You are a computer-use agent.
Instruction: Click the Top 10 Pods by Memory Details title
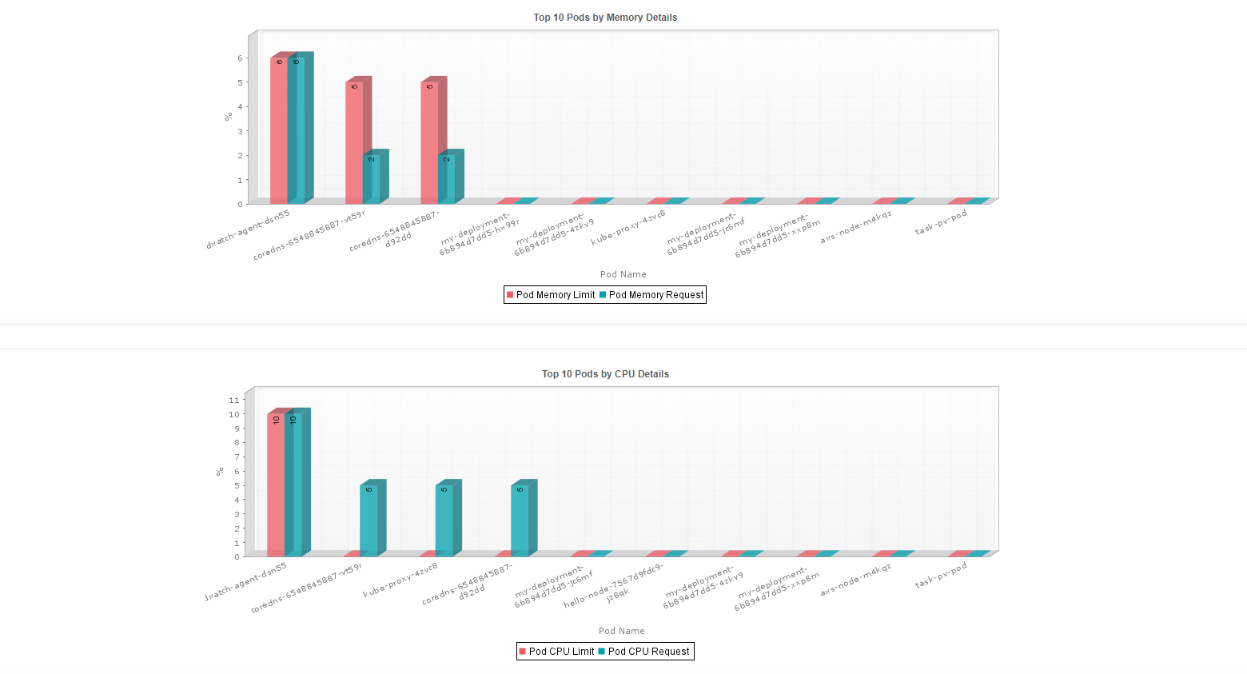point(605,18)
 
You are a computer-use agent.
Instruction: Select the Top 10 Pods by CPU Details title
point(605,374)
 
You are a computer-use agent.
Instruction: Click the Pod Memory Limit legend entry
point(551,295)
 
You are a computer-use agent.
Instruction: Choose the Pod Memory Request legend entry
point(651,295)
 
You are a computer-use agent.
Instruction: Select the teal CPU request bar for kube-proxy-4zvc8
point(444,520)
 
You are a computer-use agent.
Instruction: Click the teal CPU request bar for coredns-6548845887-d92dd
point(520,520)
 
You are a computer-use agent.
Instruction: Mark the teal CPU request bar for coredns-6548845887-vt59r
point(369,520)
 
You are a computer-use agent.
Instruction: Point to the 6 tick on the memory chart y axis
point(240,58)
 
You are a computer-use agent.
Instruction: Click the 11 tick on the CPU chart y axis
point(234,400)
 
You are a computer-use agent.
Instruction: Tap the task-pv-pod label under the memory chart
point(941,223)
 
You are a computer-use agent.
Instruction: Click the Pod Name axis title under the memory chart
point(623,274)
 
